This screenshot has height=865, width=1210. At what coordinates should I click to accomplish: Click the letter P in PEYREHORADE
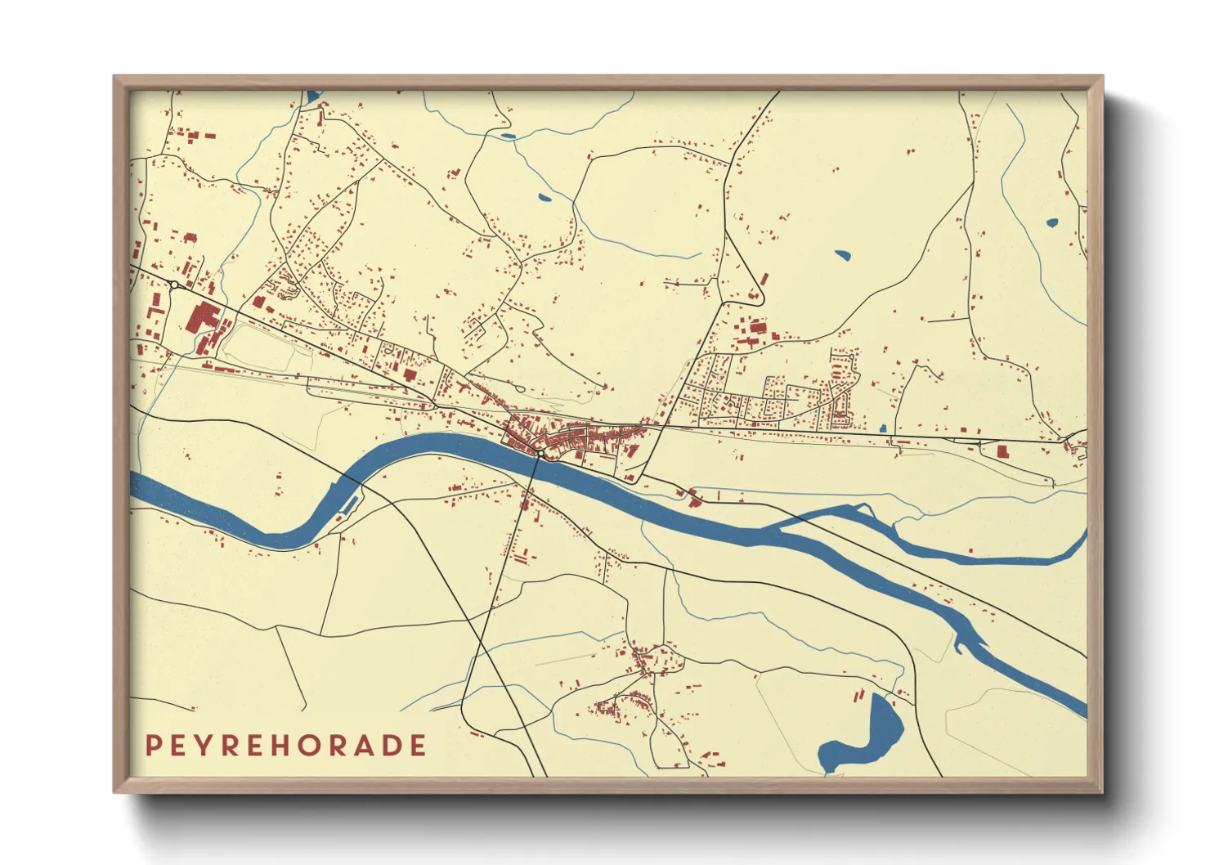tap(152, 746)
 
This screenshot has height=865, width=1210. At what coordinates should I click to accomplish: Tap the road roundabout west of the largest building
tap(175, 285)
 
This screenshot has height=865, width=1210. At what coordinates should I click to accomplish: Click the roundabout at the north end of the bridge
tap(540, 452)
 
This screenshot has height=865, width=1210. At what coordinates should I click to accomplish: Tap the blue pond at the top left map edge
tap(311, 97)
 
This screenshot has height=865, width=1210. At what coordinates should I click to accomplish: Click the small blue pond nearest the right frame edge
tap(1052, 222)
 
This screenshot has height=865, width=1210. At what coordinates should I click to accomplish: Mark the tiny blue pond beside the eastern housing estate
tap(882, 428)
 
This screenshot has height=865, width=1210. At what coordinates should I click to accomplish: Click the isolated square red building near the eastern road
tap(1002, 450)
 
